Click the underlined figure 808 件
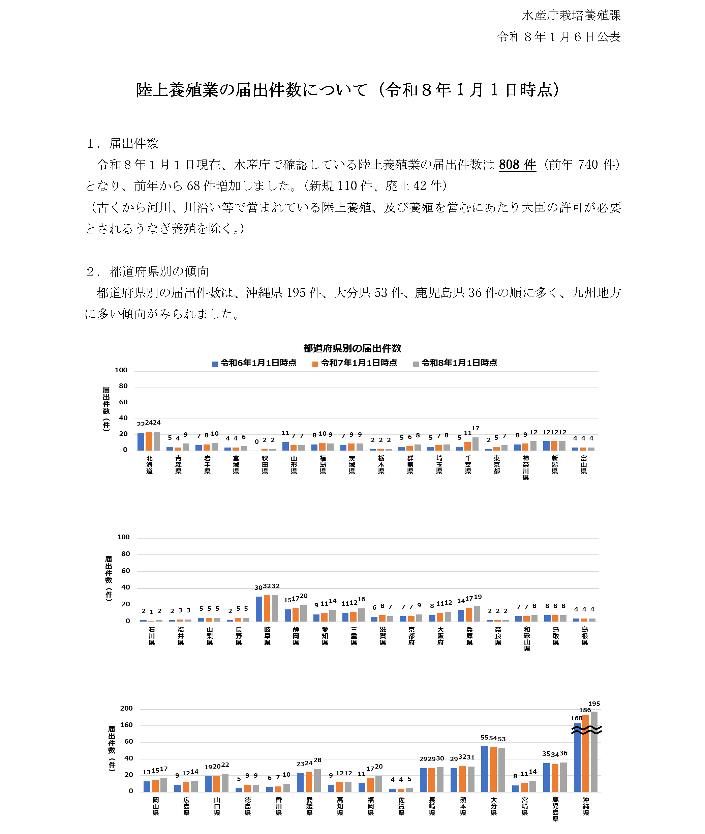(x=517, y=164)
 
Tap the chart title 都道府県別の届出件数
(x=352, y=348)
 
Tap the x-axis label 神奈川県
(x=526, y=467)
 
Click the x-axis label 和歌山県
(x=527, y=638)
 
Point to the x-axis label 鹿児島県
(x=555, y=809)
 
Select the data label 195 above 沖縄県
(x=594, y=703)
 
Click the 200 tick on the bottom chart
(x=126, y=709)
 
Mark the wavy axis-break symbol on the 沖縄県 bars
(x=586, y=730)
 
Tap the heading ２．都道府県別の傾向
(x=148, y=271)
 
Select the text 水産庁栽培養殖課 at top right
(x=571, y=16)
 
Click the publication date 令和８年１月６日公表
(x=559, y=37)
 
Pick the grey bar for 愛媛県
(x=317, y=780)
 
